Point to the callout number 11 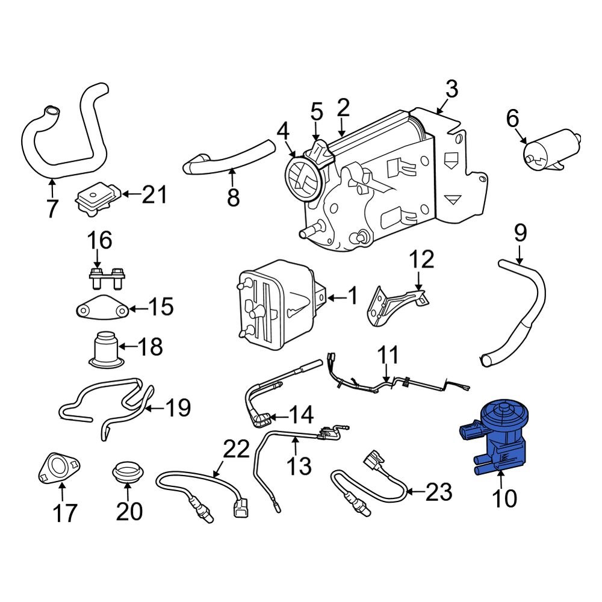[388, 355]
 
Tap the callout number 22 [236, 449]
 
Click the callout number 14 [300, 415]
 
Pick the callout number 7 [52, 208]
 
